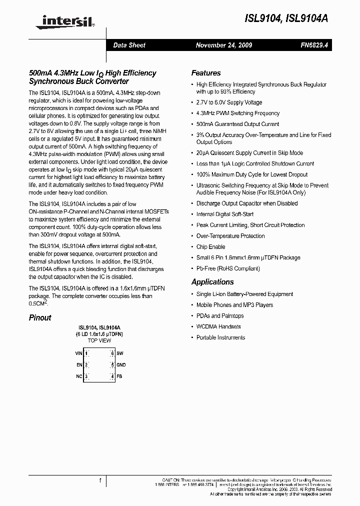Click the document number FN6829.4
[314, 45]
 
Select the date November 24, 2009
[224, 45]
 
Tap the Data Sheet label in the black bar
[129, 45]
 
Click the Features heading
[206, 72]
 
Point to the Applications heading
[212, 282]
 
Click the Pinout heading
[40, 317]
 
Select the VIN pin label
[78, 353]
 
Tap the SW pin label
[120, 353]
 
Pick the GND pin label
[121, 364]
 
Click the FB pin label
[119, 376]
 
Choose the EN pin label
[79, 364]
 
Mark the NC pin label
[79, 376]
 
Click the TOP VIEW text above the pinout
[99, 340]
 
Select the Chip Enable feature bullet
[211, 247]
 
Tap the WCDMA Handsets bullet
[218, 326]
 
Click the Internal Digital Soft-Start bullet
[225, 214]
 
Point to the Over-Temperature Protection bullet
[230, 236]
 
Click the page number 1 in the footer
[100, 480]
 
